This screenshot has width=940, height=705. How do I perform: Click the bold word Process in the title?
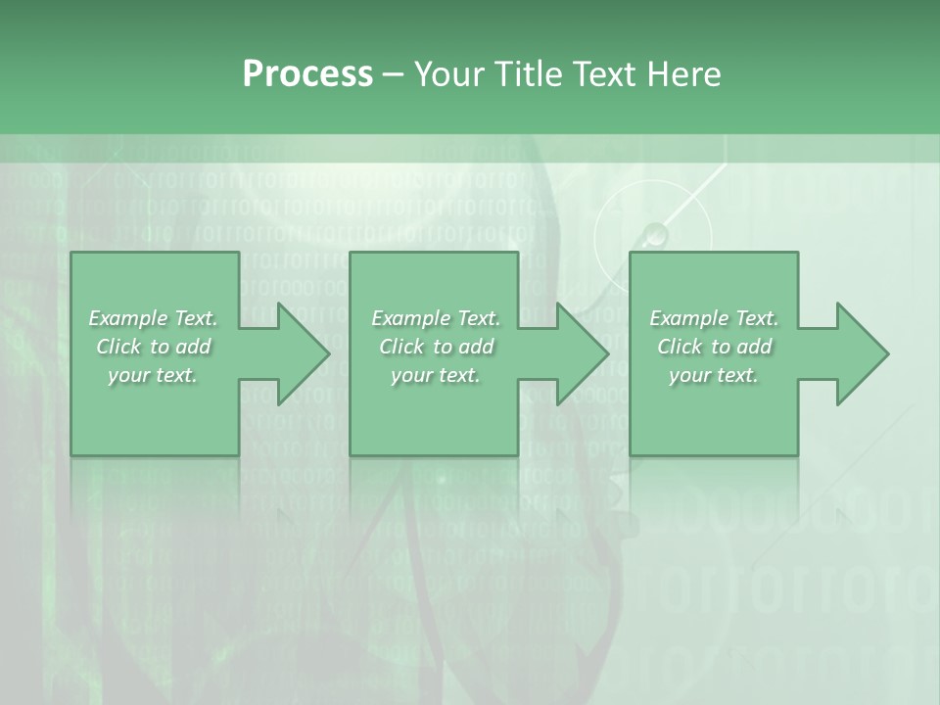[x=307, y=74]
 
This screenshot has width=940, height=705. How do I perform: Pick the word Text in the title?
[x=607, y=74]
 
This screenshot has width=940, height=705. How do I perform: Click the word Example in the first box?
[x=127, y=318]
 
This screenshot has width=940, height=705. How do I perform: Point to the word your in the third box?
[x=689, y=376]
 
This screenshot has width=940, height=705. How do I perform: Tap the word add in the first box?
[x=194, y=347]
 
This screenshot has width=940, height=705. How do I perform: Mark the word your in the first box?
[x=128, y=376]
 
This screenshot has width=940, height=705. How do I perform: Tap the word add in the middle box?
[x=477, y=347]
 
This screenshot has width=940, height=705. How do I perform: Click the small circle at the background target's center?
[x=655, y=234]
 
